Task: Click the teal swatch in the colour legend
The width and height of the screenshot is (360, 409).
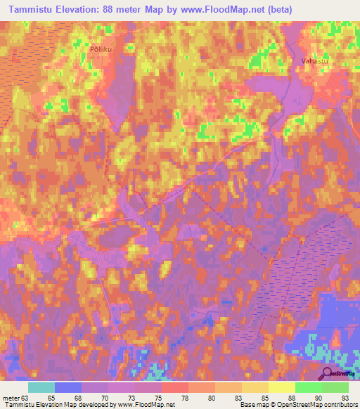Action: [x=41, y=387]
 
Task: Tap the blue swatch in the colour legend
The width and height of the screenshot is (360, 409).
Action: [x=68, y=387]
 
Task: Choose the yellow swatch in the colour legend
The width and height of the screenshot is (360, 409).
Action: [x=282, y=387]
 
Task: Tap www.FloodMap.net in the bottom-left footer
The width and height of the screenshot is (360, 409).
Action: [x=146, y=404]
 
